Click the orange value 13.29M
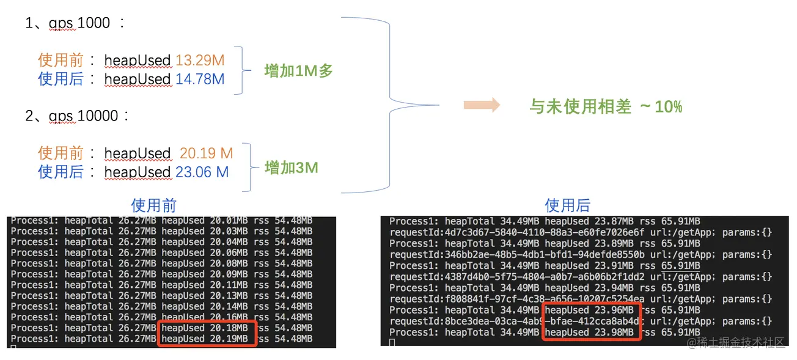point(200,61)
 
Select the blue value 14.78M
point(200,79)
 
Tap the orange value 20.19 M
point(206,153)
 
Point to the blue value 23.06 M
point(202,172)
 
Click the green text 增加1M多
point(298,71)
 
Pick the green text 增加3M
point(291,167)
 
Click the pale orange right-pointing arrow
point(482,105)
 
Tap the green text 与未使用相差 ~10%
point(605,107)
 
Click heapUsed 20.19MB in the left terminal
point(205,339)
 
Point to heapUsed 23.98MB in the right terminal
point(589,332)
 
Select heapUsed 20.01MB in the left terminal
point(205,221)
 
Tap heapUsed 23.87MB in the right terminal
point(589,221)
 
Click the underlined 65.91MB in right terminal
point(680,266)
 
